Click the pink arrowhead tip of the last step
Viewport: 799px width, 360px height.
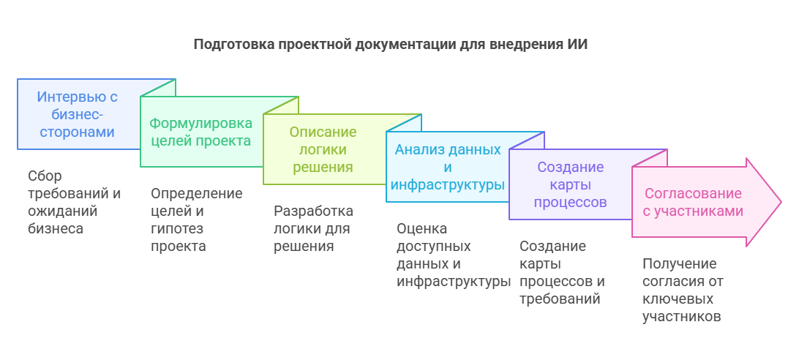781,203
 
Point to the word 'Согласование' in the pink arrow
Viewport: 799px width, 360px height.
693,193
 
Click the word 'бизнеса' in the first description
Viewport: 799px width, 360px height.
56,228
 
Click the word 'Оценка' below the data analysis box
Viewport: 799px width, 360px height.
422,228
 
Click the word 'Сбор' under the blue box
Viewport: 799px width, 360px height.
45,176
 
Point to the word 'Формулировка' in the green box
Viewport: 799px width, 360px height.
200,123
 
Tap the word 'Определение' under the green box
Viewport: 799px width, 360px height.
197,194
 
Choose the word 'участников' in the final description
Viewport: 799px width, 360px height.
682,317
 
